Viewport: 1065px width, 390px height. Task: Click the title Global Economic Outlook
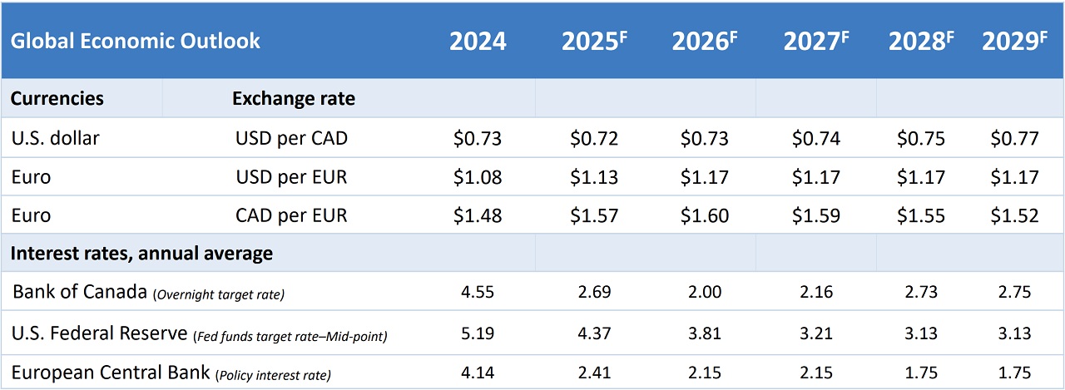[x=136, y=41]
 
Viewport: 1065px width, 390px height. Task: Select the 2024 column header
[x=478, y=42]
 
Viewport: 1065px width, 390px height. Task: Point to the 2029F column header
[x=1014, y=42]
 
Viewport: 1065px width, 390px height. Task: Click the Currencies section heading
[x=57, y=98]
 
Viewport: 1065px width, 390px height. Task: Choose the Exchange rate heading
[x=293, y=98]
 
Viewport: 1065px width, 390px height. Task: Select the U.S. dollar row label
[x=56, y=138]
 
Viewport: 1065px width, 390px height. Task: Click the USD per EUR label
[x=291, y=177]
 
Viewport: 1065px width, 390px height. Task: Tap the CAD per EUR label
[x=291, y=215]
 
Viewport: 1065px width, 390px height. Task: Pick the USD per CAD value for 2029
[x=1014, y=138]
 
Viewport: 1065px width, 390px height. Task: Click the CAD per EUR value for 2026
[x=705, y=215]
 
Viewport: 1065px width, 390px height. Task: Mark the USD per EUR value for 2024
[x=478, y=177]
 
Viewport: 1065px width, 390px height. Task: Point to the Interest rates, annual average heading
[x=141, y=253]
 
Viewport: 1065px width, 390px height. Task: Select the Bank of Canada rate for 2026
[x=705, y=293]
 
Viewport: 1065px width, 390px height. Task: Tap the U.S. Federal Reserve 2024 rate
[x=478, y=333]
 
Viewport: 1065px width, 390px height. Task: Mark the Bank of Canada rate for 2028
[x=921, y=293]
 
